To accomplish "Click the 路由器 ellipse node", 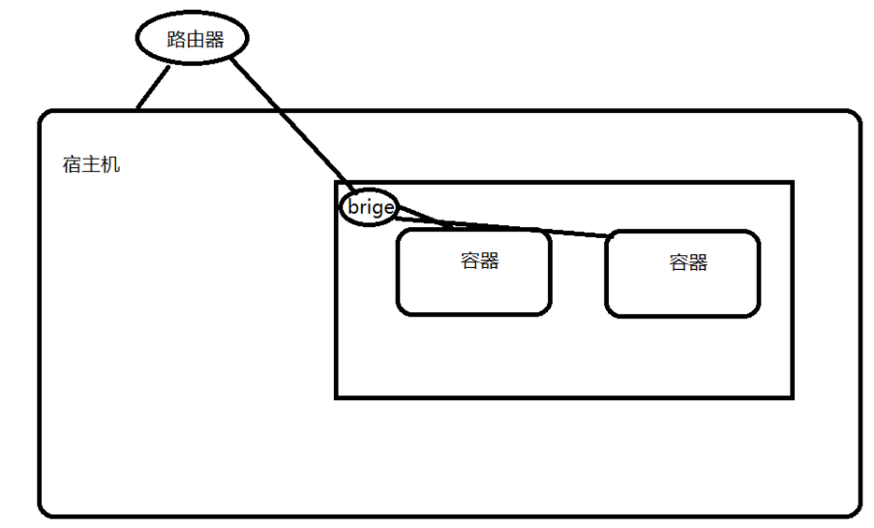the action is pos(191,40).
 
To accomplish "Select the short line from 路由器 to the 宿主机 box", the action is pos(151,88).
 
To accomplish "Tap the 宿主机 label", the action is pos(92,165).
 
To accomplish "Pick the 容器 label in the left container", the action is pos(480,260).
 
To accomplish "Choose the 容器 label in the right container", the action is pos(688,262).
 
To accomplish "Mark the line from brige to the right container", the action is pos(523,228).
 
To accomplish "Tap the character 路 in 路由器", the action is pos(174,40).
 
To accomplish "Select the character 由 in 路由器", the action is pos(193,40).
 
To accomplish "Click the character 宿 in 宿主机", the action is pos(73,165).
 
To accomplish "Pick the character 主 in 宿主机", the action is pos(92,165).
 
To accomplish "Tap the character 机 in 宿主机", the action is pos(111,165).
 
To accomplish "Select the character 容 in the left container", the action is pos(470,260).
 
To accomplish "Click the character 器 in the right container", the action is pos(698,262).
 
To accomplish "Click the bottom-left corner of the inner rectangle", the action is pos(337,396).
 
